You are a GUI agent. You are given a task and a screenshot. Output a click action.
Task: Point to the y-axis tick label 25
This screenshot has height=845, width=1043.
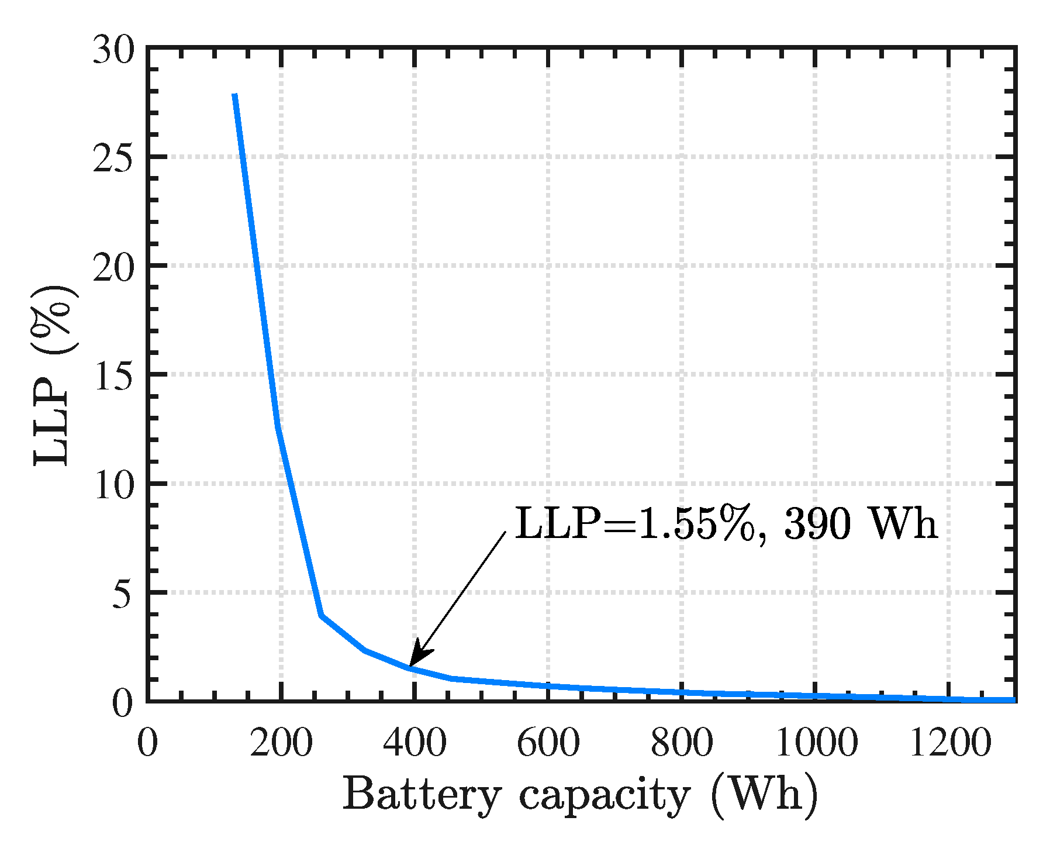[x=113, y=157]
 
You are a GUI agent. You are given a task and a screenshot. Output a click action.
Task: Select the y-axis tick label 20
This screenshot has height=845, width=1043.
[x=113, y=268]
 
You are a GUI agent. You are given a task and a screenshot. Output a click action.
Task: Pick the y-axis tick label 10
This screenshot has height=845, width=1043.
[x=113, y=485]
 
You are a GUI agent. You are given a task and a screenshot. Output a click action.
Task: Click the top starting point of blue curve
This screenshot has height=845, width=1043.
[x=234, y=95]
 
